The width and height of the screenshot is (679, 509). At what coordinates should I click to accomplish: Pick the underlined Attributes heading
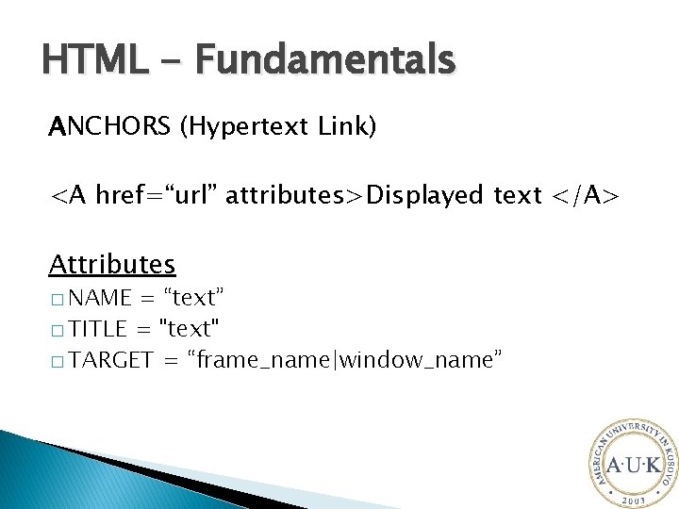coord(112,262)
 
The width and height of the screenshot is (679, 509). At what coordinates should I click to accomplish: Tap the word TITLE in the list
coord(98,329)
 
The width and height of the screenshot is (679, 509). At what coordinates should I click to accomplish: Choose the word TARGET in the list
coord(111,359)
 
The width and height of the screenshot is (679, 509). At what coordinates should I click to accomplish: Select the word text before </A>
coord(518,195)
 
